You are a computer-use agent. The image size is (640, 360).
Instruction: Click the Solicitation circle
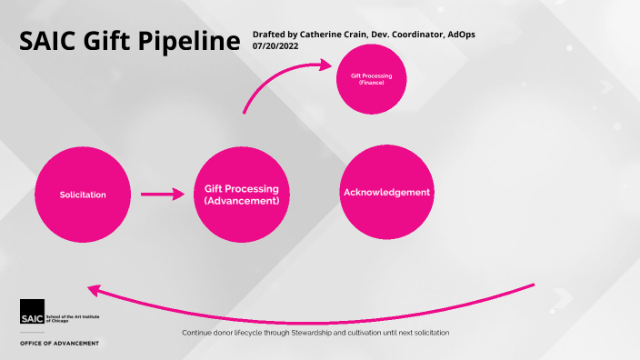pos(83,195)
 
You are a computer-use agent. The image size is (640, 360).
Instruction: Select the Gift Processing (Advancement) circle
pos(235,195)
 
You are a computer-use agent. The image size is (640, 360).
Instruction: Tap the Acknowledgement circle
pos(386,192)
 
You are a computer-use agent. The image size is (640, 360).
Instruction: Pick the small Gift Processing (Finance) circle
pos(371,78)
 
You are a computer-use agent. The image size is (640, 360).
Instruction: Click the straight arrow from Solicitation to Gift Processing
pos(163,194)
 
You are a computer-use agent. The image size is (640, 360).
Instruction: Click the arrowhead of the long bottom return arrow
pos(94,289)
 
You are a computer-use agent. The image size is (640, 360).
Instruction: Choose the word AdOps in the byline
pos(457,34)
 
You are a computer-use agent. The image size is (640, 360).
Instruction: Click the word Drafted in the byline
pos(270,34)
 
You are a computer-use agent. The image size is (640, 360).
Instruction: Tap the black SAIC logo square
pos(31,310)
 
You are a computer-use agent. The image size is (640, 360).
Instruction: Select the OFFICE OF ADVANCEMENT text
pos(60,344)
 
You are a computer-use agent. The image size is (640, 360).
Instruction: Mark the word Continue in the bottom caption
pos(198,333)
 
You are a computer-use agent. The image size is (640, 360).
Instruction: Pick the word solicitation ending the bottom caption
pos(429,333)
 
